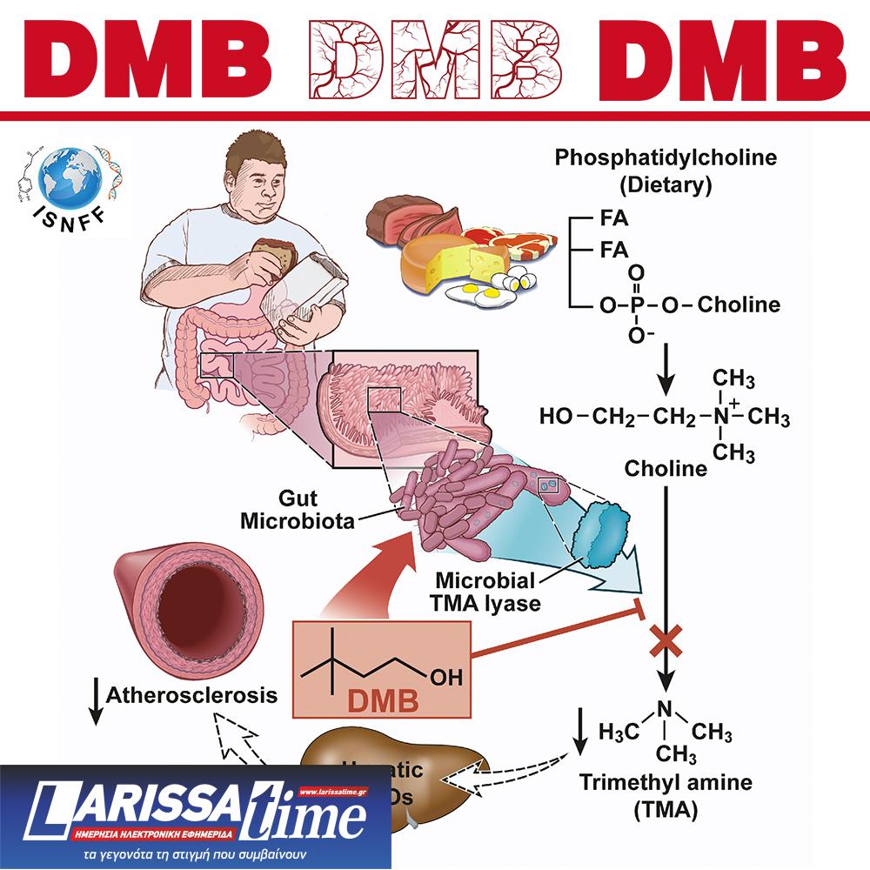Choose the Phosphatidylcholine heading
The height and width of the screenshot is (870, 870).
(x=666, y=158)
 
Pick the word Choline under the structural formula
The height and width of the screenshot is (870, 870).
(x=666, y=469)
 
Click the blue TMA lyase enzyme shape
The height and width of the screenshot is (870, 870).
(x=606, y=532)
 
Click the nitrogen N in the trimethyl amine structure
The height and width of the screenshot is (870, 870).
(x=666, y=709)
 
